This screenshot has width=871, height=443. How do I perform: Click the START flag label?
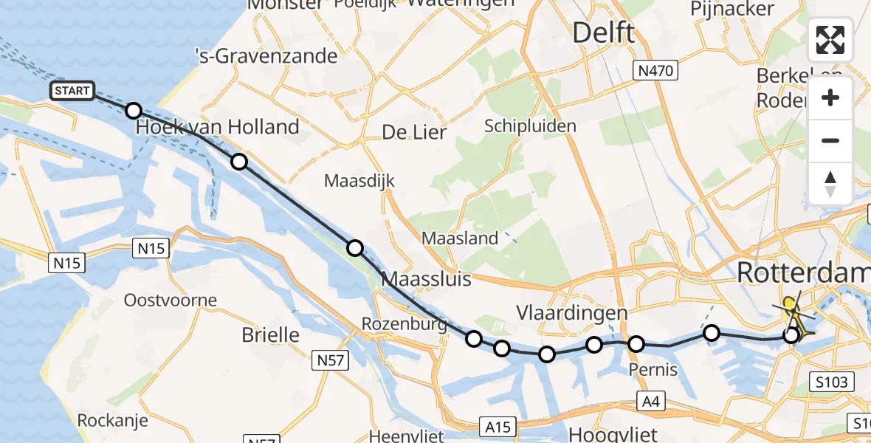click(72, 91)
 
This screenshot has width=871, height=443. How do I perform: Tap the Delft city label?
click(603, 33)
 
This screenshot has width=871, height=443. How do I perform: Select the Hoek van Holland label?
click(218, 127)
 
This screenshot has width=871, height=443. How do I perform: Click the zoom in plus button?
click(830, 98)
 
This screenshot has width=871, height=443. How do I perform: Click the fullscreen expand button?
click(830, 40)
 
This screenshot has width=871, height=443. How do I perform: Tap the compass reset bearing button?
click(830, 184)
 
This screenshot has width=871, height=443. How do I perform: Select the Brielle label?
click(271, 334)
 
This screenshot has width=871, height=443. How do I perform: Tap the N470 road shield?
click(656, 71)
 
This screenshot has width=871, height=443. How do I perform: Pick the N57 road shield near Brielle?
click(331, 360)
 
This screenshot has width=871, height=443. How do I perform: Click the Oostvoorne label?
click(171, 301)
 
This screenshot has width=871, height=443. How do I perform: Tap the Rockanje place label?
click(112, 421)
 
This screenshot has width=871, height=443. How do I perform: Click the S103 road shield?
click(831, 382)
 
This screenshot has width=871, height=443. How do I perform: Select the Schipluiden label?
click(530, 126)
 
